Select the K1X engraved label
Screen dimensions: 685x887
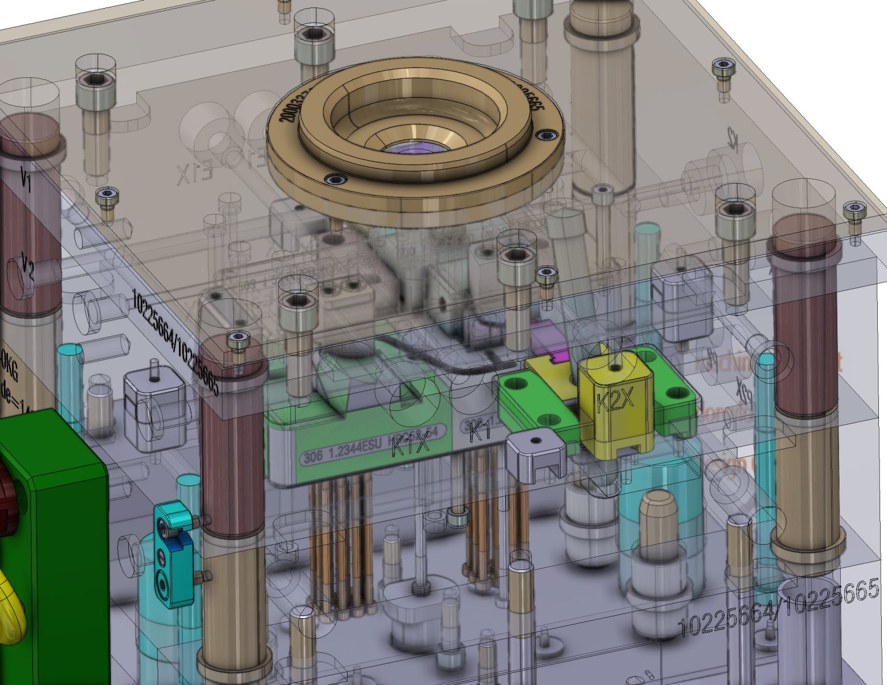pos(411,446)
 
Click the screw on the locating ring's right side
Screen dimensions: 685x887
pos(546,135)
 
